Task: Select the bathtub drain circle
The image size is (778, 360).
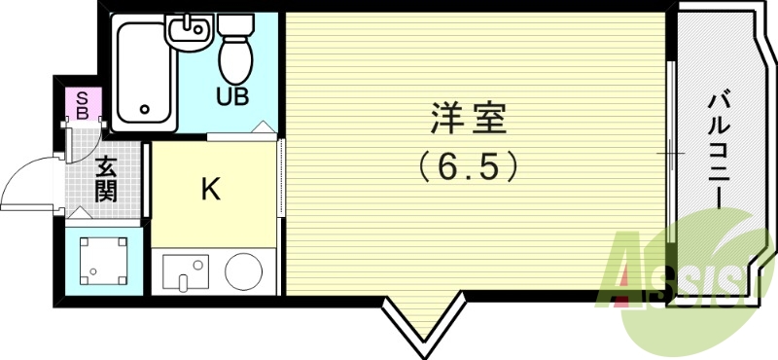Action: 146,110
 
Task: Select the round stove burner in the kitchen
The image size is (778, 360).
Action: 243,270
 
